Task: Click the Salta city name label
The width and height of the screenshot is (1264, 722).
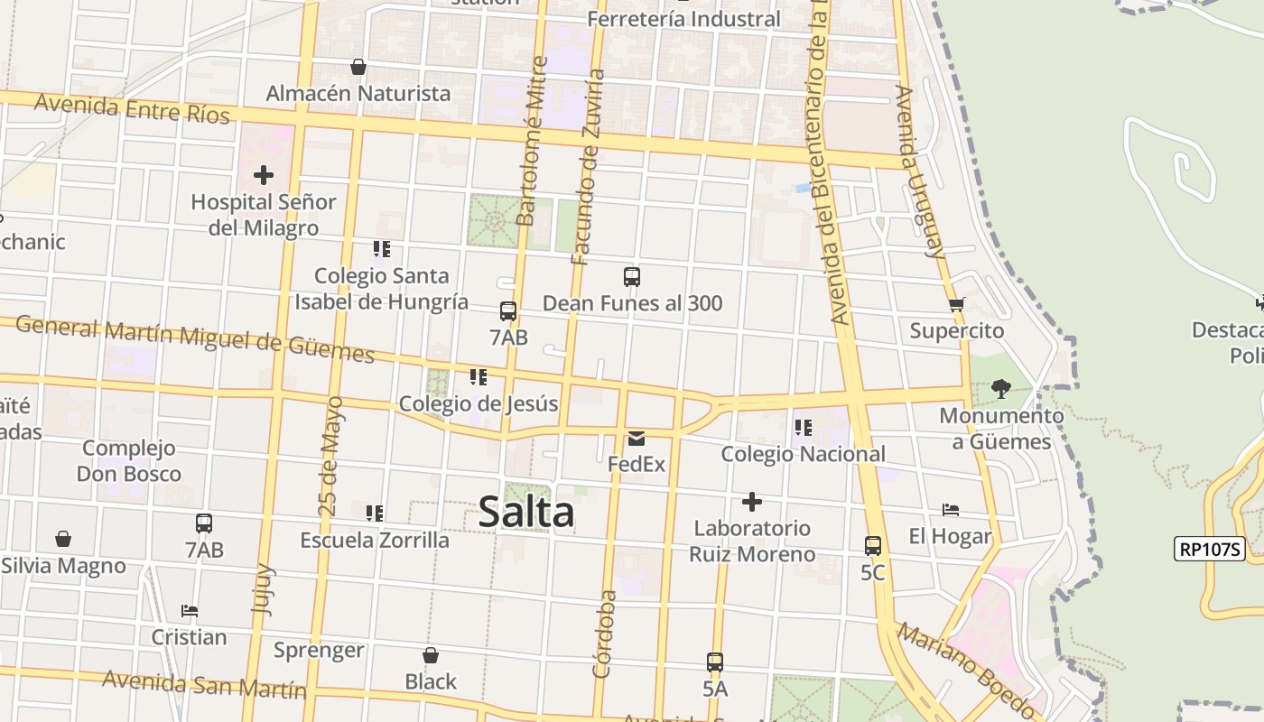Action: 525,512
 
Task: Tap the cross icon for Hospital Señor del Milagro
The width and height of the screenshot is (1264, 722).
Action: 263,174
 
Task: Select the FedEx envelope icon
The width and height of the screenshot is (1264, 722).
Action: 637,440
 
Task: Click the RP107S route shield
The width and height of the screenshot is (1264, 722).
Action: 1209,548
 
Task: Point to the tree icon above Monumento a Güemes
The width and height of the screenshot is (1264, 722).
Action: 1000,389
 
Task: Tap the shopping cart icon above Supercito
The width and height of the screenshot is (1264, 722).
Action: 956,304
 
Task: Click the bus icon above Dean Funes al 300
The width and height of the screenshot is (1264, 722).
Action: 632,277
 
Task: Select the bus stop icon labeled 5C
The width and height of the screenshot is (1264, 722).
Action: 872,546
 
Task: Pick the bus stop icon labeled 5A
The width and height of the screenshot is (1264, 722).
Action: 715,662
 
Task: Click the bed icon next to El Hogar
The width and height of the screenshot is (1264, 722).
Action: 950,510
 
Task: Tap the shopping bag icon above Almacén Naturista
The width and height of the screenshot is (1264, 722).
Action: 358,67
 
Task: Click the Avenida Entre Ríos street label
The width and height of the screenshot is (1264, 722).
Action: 132,108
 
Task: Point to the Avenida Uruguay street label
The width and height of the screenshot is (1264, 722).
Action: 920,171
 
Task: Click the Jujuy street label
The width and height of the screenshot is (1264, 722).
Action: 263,588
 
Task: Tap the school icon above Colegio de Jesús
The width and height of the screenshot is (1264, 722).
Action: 478,377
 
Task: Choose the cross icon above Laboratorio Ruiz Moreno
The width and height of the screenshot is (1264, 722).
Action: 751,502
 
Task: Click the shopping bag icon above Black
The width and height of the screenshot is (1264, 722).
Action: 431,655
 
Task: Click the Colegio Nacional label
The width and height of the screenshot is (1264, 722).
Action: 803,454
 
